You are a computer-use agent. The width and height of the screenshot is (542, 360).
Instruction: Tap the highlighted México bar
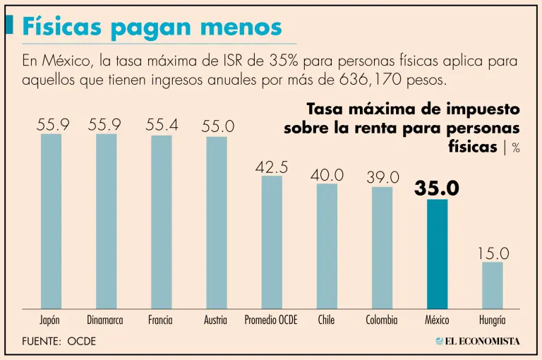(437, 254)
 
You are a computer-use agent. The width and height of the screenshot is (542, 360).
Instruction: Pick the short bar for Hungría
(493, 285)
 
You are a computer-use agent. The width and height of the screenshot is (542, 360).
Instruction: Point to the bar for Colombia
(382, 247)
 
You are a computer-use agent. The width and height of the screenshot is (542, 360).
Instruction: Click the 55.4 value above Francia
(162, 125)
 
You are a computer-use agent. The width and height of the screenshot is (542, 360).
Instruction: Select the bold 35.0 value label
(437, 188)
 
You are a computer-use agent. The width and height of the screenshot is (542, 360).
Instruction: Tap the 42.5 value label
(272, 167)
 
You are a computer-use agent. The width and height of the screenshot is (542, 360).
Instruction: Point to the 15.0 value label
(493, 253)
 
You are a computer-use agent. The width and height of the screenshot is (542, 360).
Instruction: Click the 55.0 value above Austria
(217, 126)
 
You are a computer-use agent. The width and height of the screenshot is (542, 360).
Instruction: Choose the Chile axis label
(326, 320)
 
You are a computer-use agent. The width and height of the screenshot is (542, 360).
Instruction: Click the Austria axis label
(215, 320)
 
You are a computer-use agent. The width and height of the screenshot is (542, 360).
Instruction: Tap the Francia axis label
(160, 320)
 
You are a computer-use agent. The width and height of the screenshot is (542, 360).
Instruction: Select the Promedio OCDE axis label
(271, 320)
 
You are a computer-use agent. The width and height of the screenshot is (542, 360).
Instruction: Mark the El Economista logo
(478, 341)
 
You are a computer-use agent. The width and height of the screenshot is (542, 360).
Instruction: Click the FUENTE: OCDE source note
(59, 341)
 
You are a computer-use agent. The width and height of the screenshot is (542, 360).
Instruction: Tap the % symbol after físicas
(516, 148)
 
